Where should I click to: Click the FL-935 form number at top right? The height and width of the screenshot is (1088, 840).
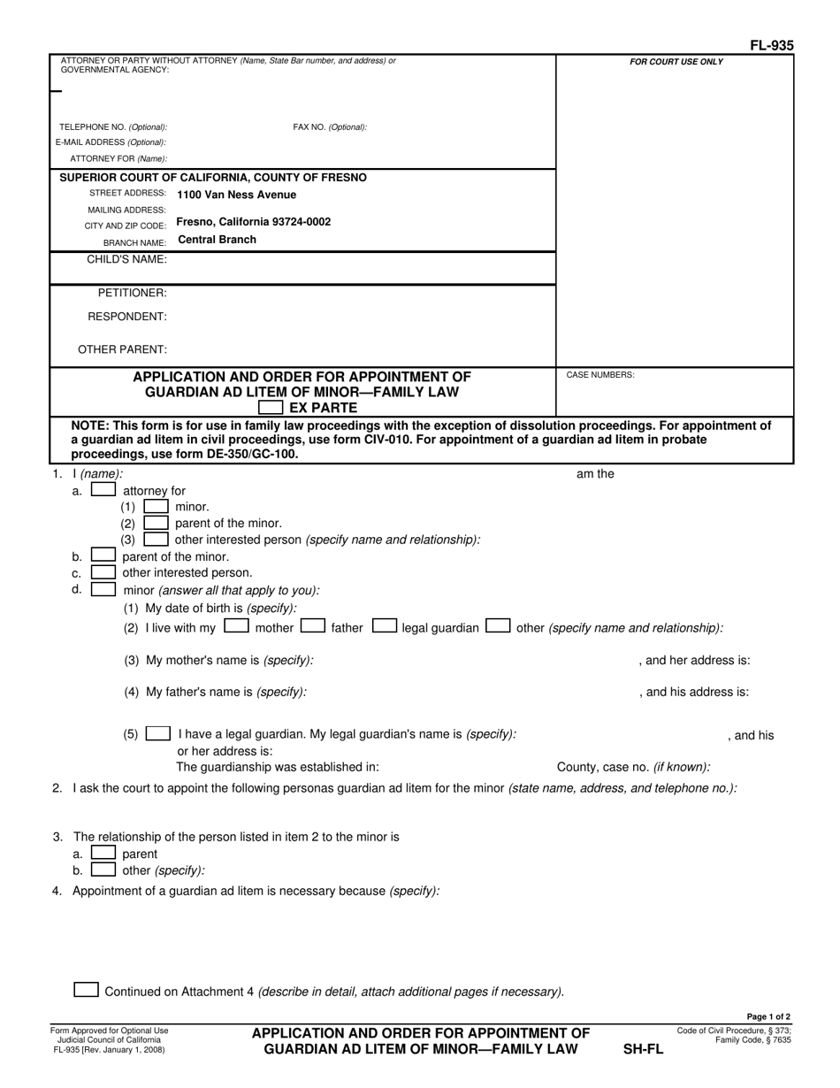tap(771, 45)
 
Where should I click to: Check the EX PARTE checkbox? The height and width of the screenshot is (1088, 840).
tap(271, 408)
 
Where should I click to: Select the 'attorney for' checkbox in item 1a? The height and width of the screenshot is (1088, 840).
tap(103, 490)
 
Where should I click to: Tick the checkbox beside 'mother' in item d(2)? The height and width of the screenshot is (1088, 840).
tap(236, 627)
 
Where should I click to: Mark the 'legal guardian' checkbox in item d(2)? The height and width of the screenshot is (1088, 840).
tap(384, 627)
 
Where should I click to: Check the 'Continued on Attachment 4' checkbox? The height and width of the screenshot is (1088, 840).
tap(87, 991)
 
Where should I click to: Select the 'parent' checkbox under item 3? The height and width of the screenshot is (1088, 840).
tap(103, 854)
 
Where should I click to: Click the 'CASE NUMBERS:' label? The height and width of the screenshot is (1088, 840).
tap(599, 375)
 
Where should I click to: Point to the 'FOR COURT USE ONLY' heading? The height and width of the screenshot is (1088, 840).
tap(676, 62)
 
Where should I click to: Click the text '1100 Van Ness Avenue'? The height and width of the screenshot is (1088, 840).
tap(236, 195)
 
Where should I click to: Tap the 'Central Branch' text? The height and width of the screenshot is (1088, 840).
tap(217, 240)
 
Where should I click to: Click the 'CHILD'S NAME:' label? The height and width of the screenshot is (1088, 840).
tap(126, 259)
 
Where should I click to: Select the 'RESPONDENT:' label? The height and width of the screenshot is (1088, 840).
tap(127, 316)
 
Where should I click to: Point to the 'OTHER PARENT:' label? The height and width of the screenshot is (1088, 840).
tap(122, 349)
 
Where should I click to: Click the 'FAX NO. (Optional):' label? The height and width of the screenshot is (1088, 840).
tap(329, 127)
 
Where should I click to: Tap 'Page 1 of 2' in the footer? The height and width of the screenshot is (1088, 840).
tap(768, 1017)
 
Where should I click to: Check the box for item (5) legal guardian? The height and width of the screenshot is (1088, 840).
tap(158, 734)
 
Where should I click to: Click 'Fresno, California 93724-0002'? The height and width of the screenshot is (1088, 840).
tap(254, 222)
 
